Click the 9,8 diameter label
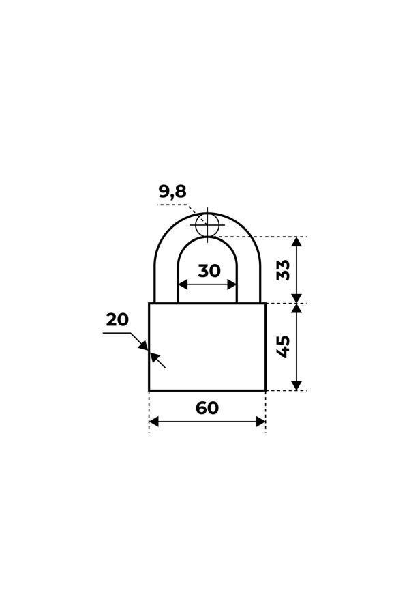click(x=172, y=192)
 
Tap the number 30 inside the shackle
click(x=209, y=271)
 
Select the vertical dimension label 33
click(x=284, y=269)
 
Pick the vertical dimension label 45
click(x=284, y=347)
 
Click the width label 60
click(x=207, y=408)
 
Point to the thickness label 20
click(x=117, y=320)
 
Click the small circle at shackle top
click(x=207, y=224)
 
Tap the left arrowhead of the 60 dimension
click(x=154, y=422)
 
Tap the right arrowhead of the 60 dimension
click(x=260, y=422)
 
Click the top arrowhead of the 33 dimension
click(x=297, y=242)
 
